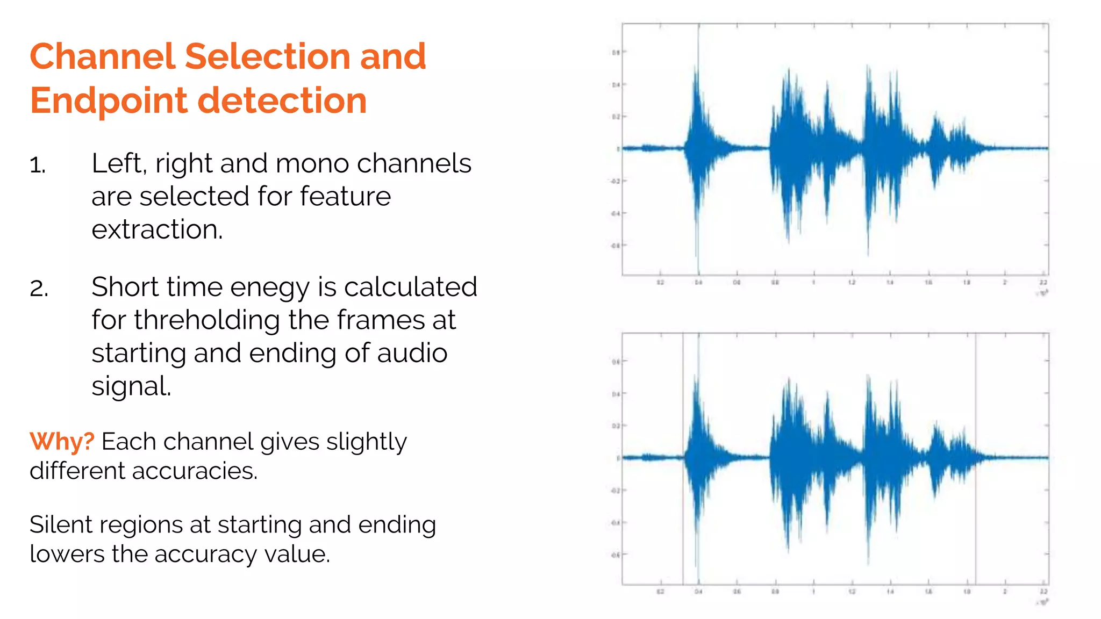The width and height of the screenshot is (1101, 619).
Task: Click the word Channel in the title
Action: tap(102, 56)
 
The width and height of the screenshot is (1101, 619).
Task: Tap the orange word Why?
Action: tap(61, 442)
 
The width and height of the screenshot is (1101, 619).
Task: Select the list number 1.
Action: tap(37, 165)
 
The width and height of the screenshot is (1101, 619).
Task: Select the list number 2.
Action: tap(39, 289)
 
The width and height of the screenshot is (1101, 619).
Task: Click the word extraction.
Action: tap(156, 230)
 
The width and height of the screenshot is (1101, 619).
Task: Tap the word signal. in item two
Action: tap(131, 386)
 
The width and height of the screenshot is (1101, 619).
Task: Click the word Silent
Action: tap(60, 525)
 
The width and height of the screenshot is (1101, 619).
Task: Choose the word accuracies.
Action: tap(195, 471)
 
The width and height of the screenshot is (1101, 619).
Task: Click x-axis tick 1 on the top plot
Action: tap(813, 282)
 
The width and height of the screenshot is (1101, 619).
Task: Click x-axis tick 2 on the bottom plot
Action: tap(1005, 591)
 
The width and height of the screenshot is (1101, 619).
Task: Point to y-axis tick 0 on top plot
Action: tap(618, 149)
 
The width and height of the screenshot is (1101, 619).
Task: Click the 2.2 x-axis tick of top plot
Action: tap(1043, 282)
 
